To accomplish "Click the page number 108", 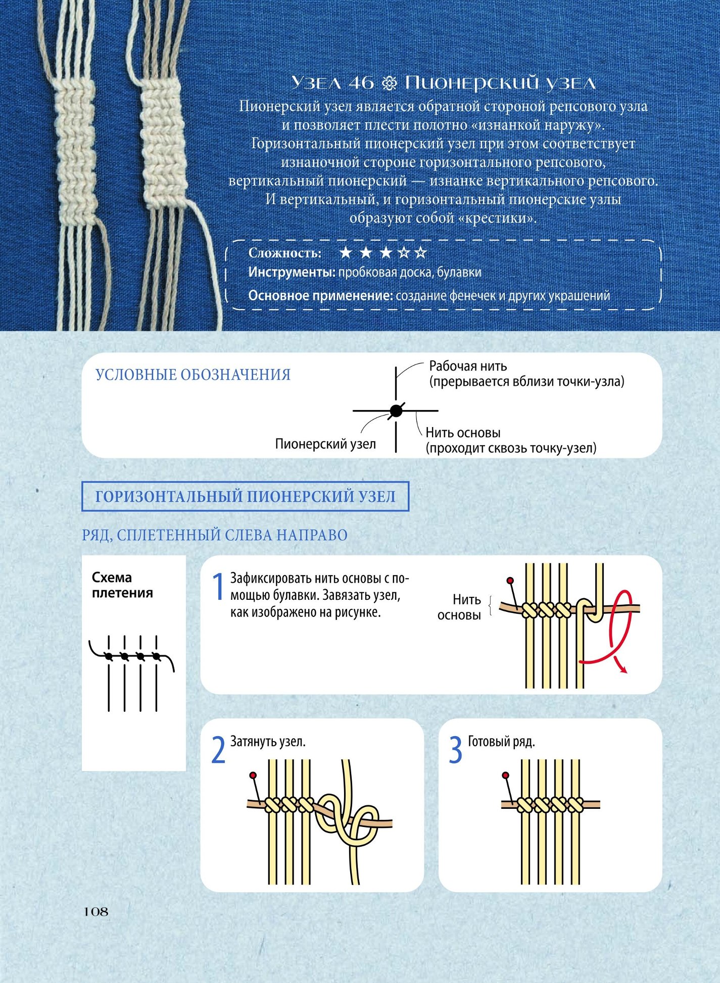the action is point(96,911).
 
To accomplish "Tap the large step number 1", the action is point(218,587).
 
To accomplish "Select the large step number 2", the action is point(218,750).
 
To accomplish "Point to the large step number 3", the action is point(456,750).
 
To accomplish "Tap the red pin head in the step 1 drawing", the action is point(510,580).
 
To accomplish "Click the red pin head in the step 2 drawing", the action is point(253,775).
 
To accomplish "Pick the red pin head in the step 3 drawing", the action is point(505,775).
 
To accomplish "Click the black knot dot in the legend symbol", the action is point(396,410).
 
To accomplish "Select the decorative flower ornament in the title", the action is point(390,83).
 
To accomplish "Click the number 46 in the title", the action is point(361,83).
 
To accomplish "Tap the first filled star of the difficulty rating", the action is point(346,252).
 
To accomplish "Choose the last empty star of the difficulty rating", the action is point(420,252).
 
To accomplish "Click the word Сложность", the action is point(285,253).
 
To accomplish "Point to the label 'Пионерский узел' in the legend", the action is point(325,444).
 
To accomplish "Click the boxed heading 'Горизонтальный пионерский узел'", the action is point(245,497).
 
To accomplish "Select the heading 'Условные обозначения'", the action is point(193,375).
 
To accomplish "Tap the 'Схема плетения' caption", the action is point(122,585).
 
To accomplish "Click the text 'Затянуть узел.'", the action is point(268,742).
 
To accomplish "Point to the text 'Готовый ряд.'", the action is point(501,742).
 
